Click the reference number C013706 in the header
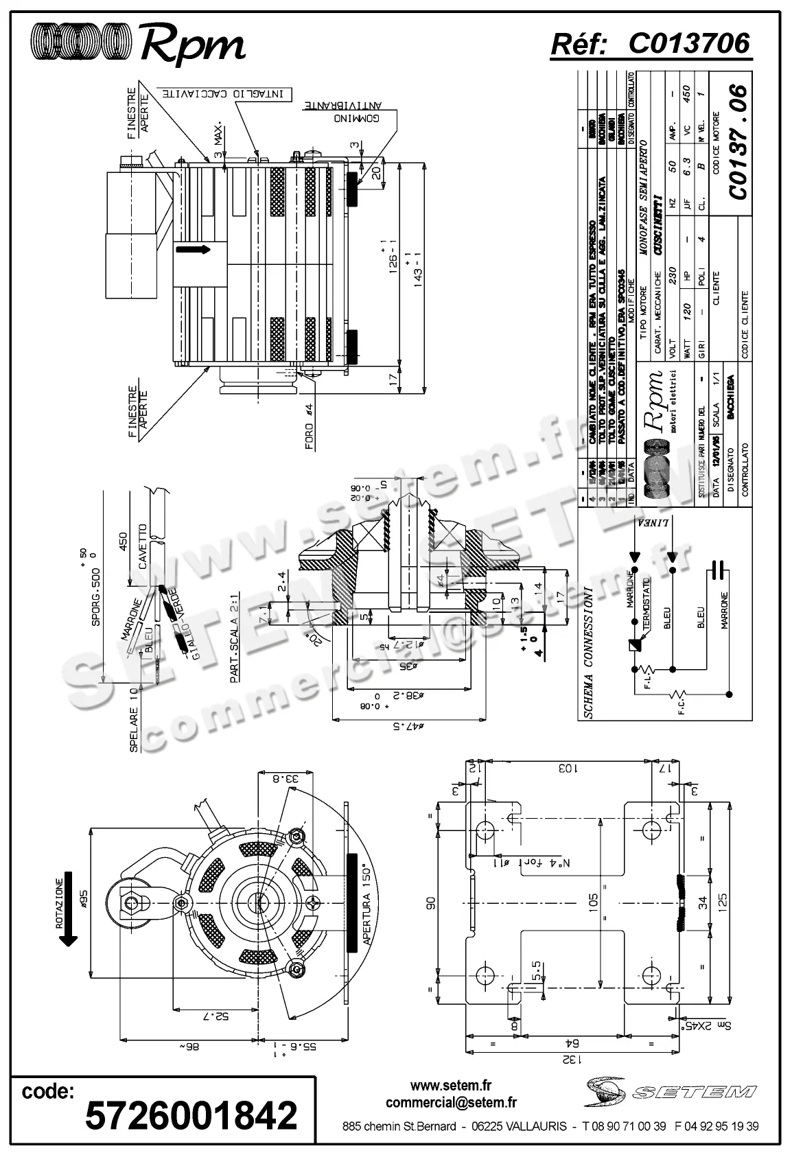coord(688,44)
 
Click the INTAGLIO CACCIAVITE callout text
coord(223,92)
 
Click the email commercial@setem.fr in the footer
coord(451,1103)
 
